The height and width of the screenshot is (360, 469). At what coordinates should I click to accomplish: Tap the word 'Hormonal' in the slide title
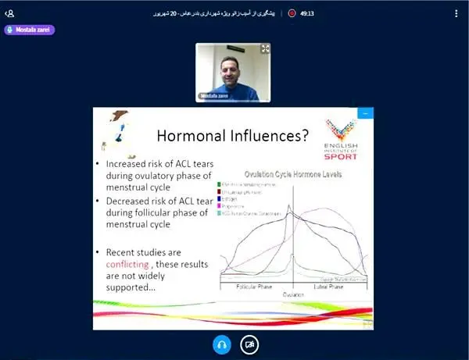192,135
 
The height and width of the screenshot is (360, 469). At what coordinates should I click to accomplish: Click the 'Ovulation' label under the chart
293,294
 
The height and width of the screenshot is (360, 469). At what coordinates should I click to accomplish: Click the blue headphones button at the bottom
221,344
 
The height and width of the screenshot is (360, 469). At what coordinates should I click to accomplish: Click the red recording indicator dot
292,13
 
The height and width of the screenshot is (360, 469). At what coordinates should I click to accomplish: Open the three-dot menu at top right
456,13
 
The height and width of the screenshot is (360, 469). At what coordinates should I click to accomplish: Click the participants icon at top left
9,13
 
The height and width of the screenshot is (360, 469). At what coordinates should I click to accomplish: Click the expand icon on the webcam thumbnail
265,48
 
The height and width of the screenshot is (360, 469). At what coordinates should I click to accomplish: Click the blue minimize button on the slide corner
363,113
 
